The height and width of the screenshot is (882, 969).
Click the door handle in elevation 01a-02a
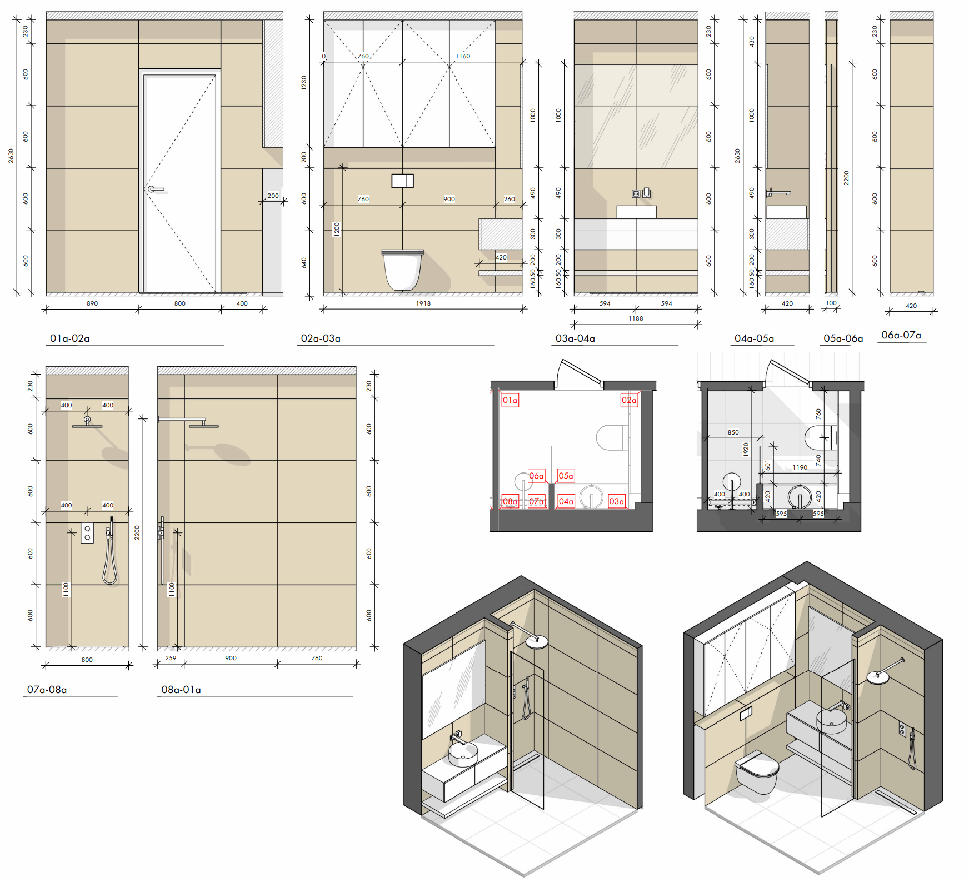155,190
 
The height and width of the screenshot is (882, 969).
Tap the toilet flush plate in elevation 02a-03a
402,181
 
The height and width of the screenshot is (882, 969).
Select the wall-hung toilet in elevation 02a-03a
402,270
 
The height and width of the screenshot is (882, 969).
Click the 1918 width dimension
423,303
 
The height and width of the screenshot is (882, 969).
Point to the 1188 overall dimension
636,318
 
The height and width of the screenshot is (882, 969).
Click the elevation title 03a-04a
575,338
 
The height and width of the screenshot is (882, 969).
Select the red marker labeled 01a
510,400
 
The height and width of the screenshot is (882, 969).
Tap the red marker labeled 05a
566,476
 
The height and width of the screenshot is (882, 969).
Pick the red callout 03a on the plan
616,501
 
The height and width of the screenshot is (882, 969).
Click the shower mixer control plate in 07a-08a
87,533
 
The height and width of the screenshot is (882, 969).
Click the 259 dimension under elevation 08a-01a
171,658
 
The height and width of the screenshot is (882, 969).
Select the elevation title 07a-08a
47,690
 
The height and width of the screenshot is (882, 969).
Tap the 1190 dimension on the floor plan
800,467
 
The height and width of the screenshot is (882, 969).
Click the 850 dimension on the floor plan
733,432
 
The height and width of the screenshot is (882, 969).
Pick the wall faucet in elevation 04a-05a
778,193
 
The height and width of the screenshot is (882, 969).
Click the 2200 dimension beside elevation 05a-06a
846,178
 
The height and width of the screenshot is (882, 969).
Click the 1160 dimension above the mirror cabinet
463,56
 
